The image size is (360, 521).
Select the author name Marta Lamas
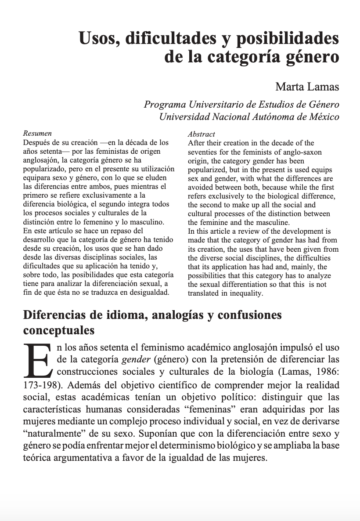pos(307,87)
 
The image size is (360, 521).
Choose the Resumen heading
pos(37,134)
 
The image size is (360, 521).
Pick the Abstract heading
pos(202,134)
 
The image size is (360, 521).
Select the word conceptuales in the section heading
pos(59,329)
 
